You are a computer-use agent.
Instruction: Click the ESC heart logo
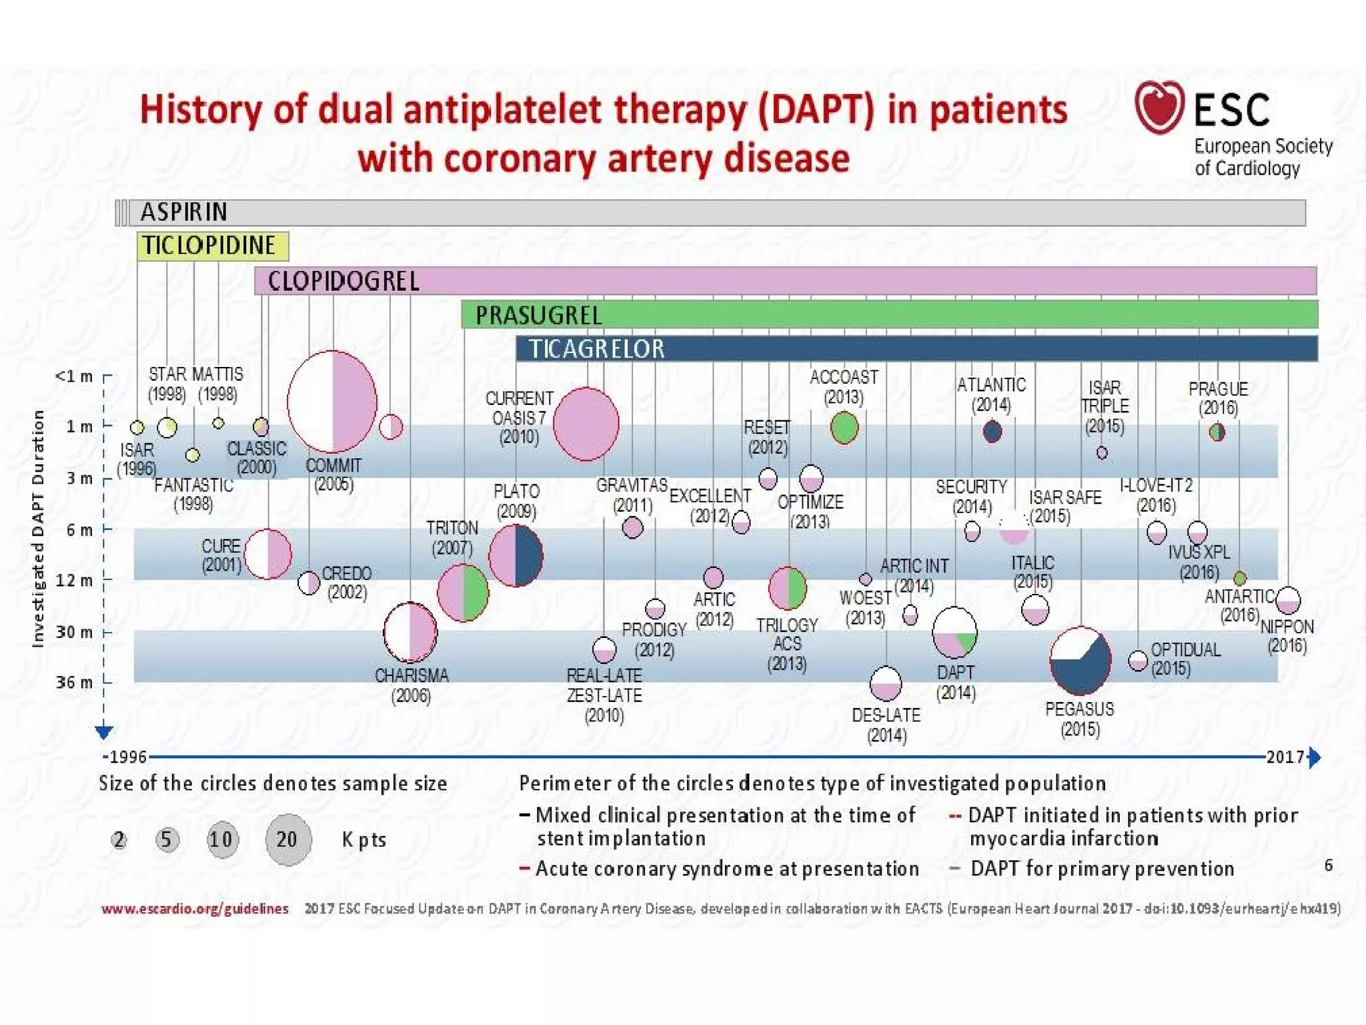(1159, 107)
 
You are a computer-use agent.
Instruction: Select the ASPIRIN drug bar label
(184, 212)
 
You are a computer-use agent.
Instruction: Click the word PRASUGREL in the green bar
(538, 315)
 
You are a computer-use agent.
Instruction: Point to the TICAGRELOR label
(597, 349)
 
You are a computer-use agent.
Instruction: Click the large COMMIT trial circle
(332, 402)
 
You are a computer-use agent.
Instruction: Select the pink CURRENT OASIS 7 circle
(586, 424)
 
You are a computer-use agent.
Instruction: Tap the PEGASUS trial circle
(1080, 660)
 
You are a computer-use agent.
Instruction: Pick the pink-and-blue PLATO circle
(516, 555)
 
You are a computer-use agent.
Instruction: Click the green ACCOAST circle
(844, 428)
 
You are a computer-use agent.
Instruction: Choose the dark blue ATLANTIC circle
(992, 432)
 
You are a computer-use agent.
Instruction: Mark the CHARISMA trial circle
(410, 632)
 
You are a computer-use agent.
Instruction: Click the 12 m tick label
(74, 581)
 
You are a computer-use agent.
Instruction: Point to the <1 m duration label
(73, 376)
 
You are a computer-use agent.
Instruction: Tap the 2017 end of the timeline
(1285, 757)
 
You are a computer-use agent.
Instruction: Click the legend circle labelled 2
(119, 839)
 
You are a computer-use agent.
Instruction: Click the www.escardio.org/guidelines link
(195, 909)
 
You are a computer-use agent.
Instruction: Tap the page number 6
(1329, 866)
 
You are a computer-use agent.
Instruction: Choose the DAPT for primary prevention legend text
(1102, 869)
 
